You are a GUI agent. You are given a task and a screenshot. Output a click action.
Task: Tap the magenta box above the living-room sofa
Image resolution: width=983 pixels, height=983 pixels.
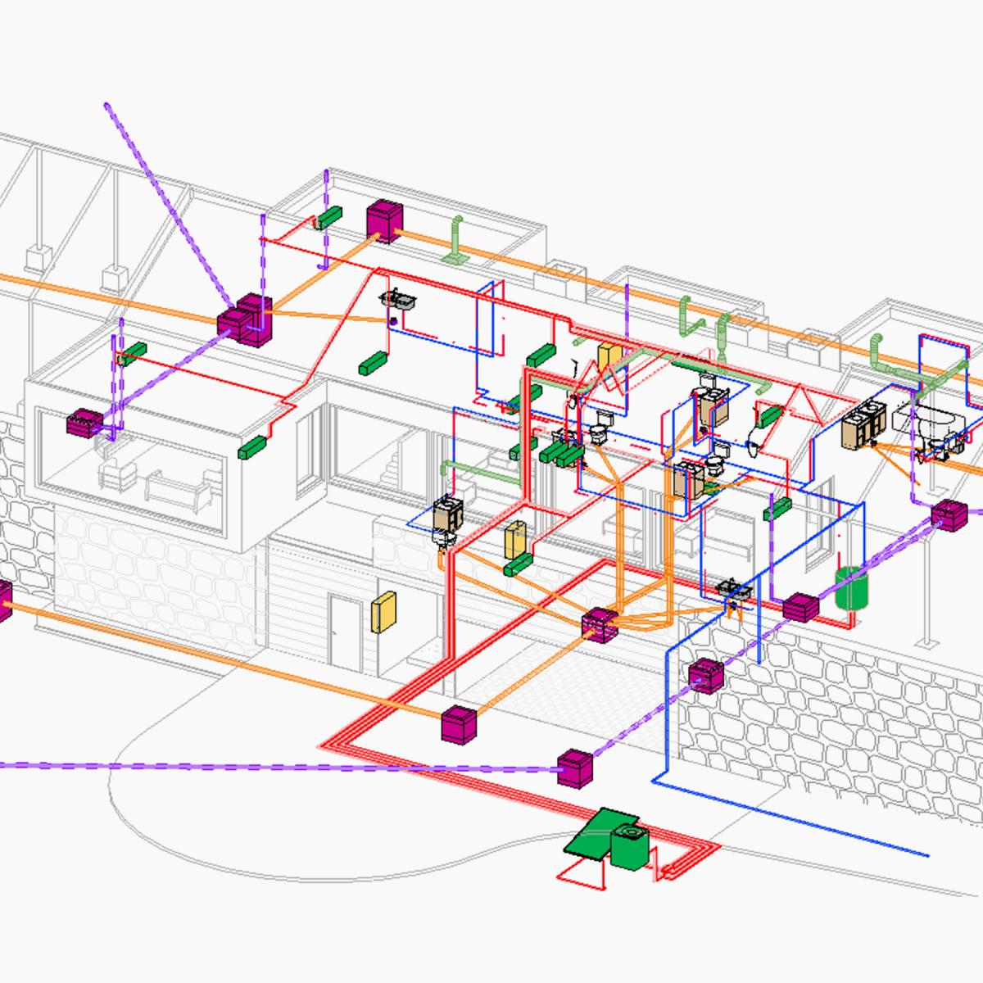pos(84,423)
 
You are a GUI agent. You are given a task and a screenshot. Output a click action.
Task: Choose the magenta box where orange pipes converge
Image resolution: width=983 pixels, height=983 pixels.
pos(600,624)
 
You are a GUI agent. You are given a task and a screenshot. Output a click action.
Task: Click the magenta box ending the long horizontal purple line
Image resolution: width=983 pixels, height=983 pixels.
pos(573,768)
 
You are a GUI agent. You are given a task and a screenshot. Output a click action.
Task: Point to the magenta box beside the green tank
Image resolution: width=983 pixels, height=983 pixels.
pos(800,607)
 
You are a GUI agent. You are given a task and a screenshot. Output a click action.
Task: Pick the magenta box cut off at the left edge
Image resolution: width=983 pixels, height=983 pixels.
pos(3,600)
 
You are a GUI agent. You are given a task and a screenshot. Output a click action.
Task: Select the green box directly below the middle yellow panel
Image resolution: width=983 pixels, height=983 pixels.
pos(519,565)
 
